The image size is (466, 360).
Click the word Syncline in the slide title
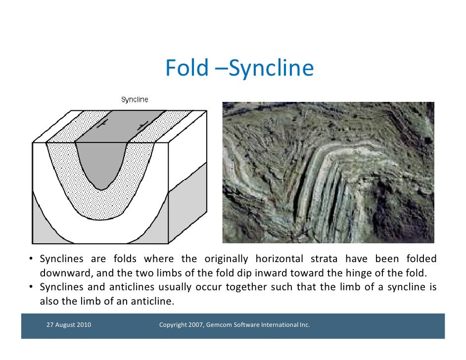(x=271, y=69)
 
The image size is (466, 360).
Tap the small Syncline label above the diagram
(x=135, y=100)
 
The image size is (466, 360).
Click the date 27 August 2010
(x=68, y=325)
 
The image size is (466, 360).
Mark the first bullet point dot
(x=31, y=260)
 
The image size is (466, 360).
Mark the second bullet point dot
(x=31, y=287)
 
